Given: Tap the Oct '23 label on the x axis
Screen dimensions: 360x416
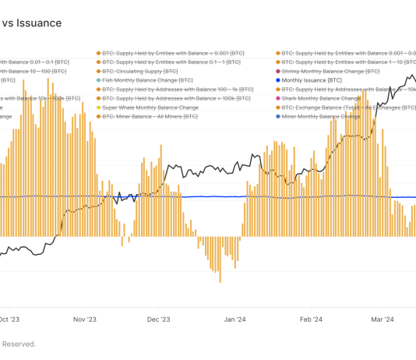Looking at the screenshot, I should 10,319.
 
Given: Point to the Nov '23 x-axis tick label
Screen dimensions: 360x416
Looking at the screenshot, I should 84,319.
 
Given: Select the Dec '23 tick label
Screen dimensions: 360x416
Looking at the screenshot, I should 160,319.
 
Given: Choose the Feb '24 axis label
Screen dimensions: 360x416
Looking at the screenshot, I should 312,319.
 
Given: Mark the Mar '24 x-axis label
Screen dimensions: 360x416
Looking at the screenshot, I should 381,319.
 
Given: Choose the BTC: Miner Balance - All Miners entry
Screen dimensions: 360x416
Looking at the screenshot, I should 153,117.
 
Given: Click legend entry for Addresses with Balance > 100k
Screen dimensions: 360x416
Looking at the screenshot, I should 167,99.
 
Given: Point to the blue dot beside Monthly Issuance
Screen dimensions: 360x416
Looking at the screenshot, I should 277,80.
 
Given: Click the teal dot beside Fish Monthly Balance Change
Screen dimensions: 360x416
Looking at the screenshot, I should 98,80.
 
